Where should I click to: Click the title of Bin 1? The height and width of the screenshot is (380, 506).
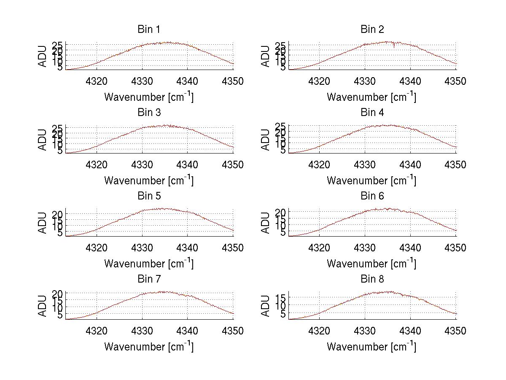(149, 30)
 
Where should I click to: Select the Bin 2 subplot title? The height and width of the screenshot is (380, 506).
(372, 30)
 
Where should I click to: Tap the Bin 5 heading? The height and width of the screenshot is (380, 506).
(149, 196)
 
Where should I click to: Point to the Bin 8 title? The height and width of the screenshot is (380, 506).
(372, 279)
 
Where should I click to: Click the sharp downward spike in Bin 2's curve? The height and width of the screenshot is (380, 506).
(394, 46)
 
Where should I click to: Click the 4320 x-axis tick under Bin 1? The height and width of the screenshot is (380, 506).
(97, 81)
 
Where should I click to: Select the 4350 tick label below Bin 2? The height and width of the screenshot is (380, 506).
(456, 81)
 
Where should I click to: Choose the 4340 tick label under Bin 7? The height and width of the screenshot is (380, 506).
(187, 331)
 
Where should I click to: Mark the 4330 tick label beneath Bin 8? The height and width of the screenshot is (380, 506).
(365, 331)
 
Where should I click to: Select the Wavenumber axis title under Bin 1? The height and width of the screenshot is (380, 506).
(149, 97)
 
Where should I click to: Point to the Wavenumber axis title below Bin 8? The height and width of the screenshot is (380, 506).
(371, 347)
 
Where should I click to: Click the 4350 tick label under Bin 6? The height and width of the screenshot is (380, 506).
(456, 248)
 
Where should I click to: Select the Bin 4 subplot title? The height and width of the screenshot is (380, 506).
(372, 113)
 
